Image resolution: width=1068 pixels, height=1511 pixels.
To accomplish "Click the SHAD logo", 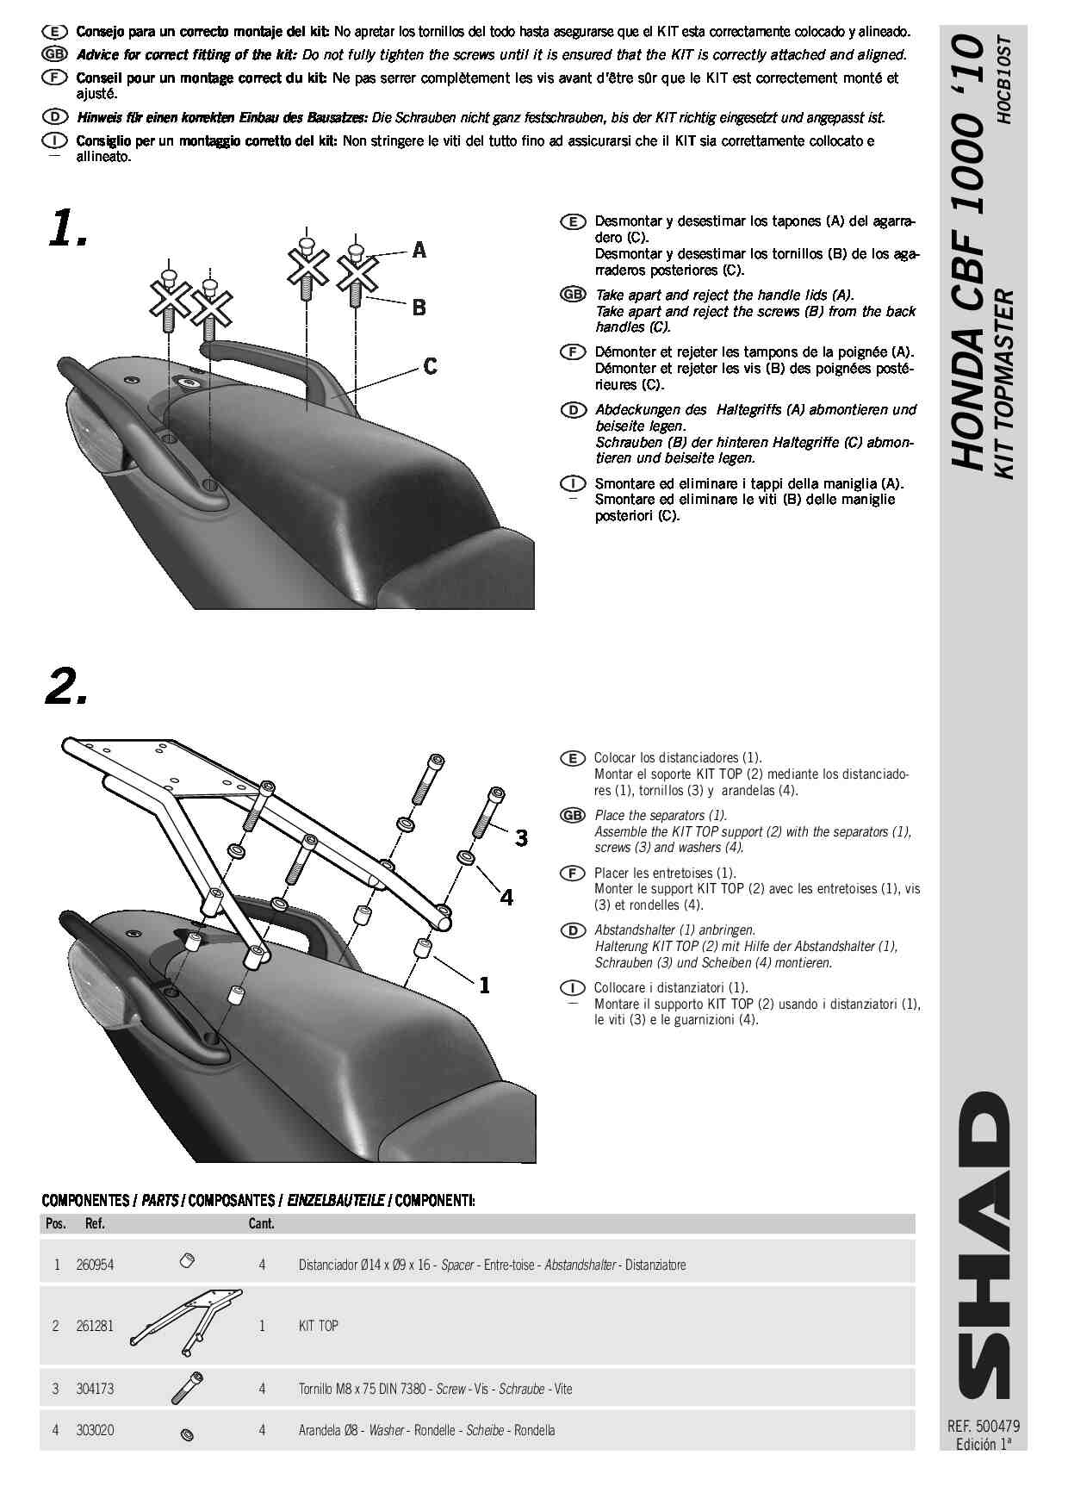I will pos(983,1244).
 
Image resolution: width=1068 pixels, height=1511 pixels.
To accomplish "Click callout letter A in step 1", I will pos(419,251).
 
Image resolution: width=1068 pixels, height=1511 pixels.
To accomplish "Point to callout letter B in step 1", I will pos(419,308).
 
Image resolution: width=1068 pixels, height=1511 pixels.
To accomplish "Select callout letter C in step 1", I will pos(431,367).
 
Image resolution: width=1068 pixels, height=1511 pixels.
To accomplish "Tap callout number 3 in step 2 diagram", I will pos(521,837).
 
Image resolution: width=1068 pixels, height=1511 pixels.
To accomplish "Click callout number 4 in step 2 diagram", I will pos(506,898).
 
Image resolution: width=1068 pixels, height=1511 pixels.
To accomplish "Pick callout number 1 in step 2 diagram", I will pos(484,985).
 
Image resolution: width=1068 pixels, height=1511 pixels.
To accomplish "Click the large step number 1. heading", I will pos(67,229).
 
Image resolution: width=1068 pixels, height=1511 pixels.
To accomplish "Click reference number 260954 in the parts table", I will pos(95,1265).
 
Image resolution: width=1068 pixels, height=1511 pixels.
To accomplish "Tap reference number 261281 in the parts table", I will pos(95,1326).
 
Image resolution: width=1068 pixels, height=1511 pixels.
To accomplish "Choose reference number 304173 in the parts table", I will pos(95,1389).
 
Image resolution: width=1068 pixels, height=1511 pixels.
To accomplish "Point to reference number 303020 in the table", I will pos(95,1430).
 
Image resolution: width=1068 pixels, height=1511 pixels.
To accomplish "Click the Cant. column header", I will pos(261,1223).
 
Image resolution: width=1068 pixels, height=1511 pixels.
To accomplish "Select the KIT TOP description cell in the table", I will pos(319,1326).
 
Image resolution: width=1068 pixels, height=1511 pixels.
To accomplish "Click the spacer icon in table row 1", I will pos(187,1261).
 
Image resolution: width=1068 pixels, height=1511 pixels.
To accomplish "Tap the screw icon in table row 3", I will pos(188,1386).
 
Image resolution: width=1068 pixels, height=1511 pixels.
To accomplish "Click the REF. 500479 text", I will pos(983,1427).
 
